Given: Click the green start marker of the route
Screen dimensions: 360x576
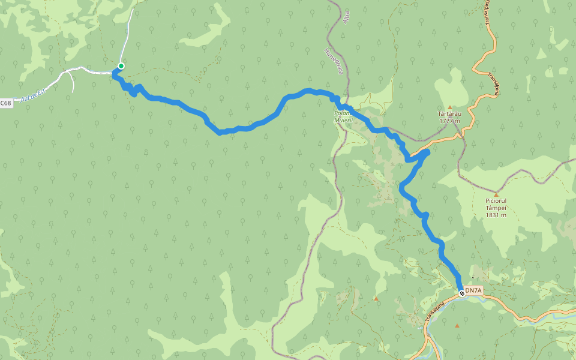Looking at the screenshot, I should point(121,66).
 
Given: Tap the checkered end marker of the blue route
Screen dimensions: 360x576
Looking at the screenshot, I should point(461,293).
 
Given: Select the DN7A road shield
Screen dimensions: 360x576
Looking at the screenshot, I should point(473,291).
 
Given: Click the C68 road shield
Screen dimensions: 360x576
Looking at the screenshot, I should point(5,103).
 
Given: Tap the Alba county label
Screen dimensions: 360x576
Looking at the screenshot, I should point(345,15).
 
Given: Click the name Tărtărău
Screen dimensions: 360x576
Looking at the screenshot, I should point(449,113).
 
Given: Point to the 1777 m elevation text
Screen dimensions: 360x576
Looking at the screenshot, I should point(449,121).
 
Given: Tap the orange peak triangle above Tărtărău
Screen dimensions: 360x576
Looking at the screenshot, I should point(449,107).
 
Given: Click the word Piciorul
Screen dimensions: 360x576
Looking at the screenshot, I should point(496,201).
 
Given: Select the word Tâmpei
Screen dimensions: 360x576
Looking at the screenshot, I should point(496,208).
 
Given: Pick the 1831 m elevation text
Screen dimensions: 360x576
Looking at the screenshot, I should point(496,215).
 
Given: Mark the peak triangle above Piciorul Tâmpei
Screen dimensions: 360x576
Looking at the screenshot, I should point(496,194).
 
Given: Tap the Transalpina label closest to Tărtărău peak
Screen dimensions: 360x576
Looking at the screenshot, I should point(493,85).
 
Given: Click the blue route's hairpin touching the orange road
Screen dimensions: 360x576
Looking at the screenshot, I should point(426,152).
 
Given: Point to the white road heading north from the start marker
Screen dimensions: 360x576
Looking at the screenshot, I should point(128,36).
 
